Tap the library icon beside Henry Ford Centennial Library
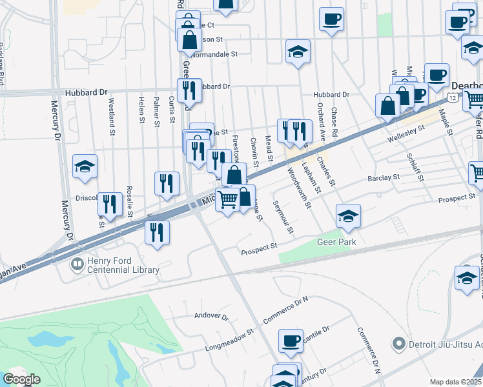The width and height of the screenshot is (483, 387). [77, 264]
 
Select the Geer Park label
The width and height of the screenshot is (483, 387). [336, 242]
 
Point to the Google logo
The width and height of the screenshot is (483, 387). [21, 379]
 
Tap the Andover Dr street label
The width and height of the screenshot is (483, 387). [212, 317]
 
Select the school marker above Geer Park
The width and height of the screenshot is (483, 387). [348, 217]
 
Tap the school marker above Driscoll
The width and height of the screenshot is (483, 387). [85, 168]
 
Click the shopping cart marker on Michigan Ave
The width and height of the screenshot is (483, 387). [227, 201]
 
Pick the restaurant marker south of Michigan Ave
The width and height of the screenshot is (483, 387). [157, 233]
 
